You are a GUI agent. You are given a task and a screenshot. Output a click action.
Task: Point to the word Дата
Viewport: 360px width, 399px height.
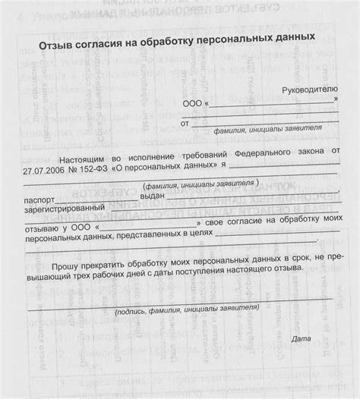tap(302, 338)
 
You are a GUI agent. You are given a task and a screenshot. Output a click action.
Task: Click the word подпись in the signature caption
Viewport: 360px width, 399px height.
tap(134, 312)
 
